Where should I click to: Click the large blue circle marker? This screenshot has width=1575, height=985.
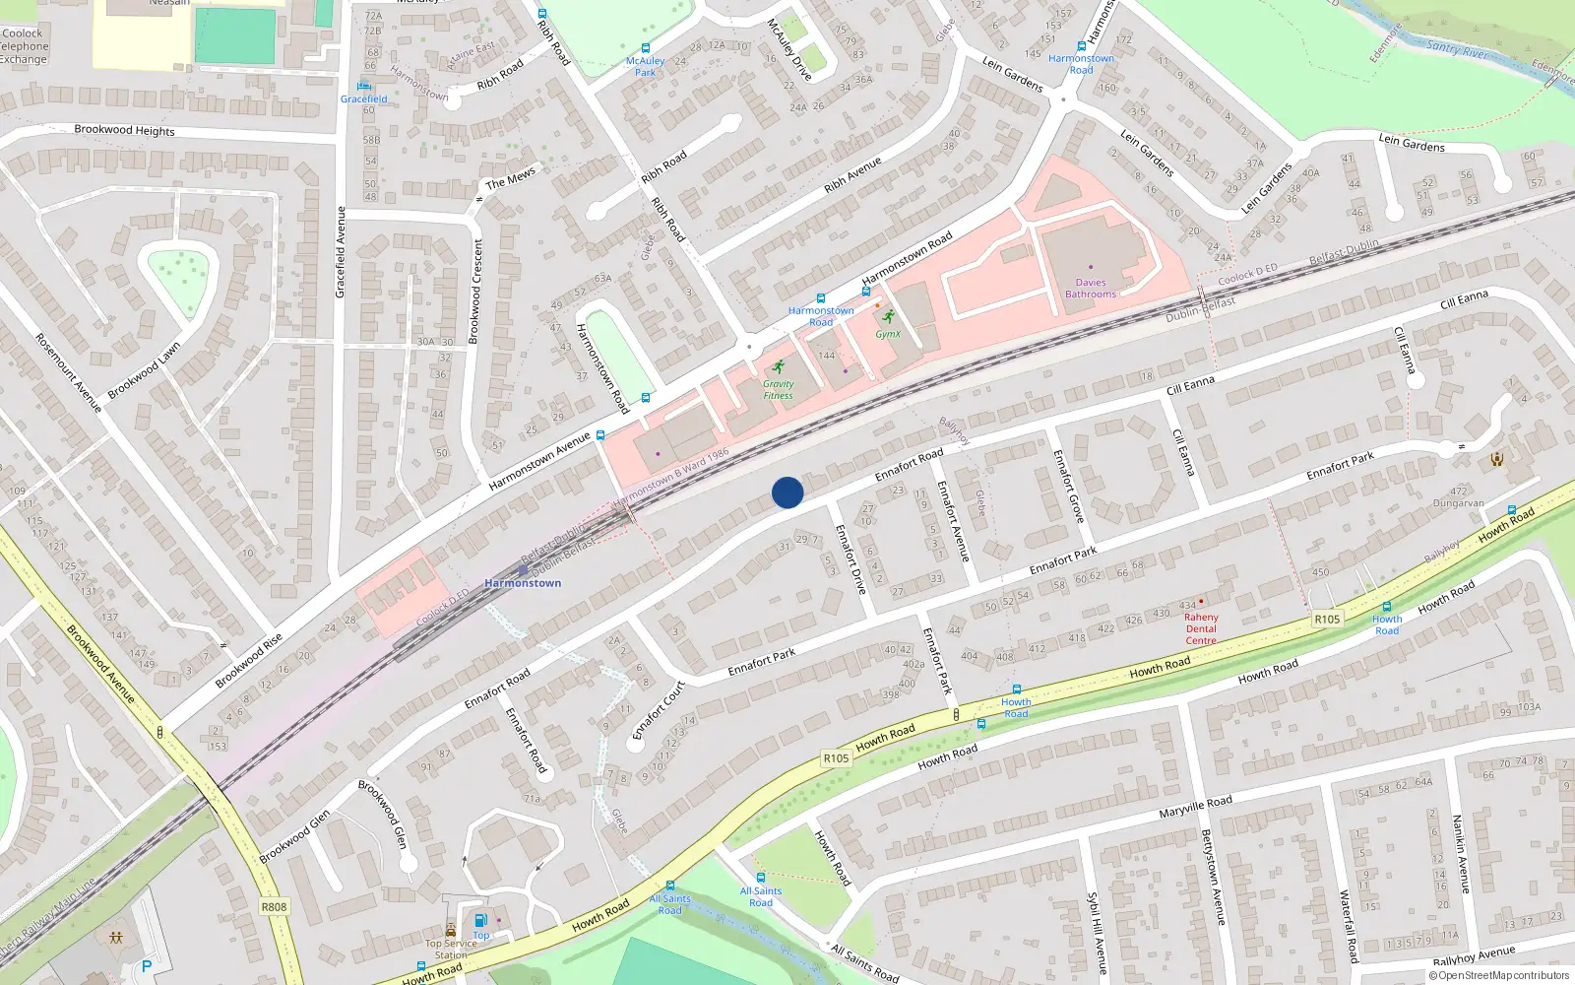(787, 492)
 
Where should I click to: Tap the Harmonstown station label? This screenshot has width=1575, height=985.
(523, 583)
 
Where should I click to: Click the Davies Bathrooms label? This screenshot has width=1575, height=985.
(1091, 288)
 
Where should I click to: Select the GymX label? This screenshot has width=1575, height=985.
(888, 334)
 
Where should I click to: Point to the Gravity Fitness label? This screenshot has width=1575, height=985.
(778, 390)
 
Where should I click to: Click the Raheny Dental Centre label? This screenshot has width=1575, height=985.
(1201, 628)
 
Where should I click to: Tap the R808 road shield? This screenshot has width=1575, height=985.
(274, 907)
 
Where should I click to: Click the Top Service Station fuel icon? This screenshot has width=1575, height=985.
(480, 920)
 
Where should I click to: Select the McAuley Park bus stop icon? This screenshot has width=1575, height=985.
(646, 47)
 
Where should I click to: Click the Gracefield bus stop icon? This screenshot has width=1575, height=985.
(364, 86)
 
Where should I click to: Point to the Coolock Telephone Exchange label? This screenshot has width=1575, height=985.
(24, 46)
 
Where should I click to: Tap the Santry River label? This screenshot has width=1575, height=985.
(1457, 48)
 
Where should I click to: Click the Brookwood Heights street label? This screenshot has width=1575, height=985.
(124, 130)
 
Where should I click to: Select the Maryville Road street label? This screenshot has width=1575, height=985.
(1195, 808)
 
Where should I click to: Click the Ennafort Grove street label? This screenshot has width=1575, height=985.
(1068, 487)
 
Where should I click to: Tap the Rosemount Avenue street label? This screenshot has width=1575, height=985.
(69, 372)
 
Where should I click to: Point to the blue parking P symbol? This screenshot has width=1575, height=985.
(147, 967)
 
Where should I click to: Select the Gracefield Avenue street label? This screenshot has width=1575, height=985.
(341, 252)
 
